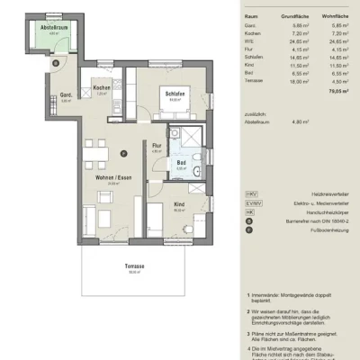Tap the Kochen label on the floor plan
point(102,87)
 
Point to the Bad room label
point(181,163)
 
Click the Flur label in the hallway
point(156,145)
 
